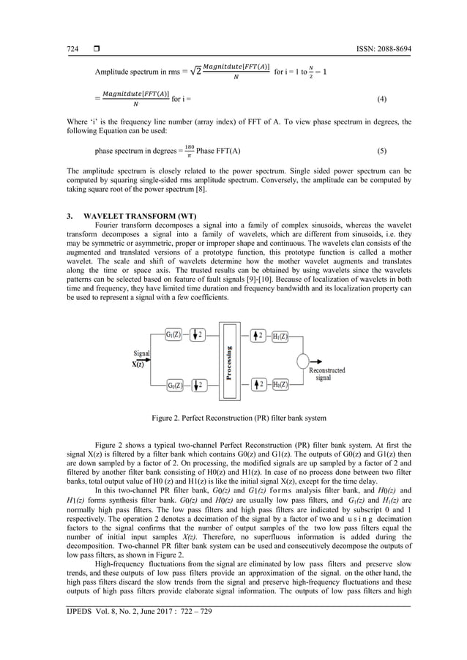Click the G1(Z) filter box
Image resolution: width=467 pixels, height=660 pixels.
coord(173,335)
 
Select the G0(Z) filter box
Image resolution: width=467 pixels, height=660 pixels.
coord(173,384)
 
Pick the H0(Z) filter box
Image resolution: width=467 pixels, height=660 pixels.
coord(280,384)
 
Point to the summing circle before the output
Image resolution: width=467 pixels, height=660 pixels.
coord(303,360)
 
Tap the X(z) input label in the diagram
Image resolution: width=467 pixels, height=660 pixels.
coord(138,364)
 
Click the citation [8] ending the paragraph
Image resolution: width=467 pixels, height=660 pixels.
coord(200,189)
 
